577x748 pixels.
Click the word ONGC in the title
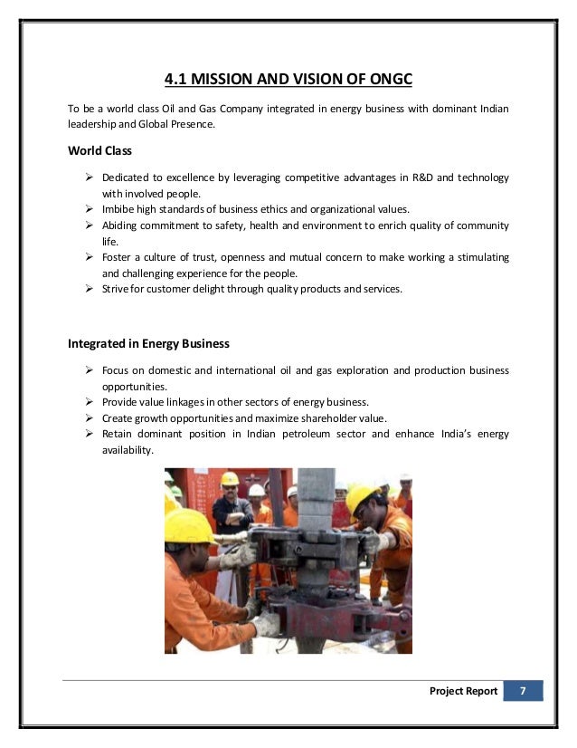[386, 80]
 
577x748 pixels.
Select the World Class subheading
[100, 150]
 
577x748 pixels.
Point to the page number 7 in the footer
[523, 691]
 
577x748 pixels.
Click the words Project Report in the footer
[464, 691]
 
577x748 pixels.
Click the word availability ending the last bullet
[128, 451]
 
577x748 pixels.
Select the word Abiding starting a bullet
[122, 225]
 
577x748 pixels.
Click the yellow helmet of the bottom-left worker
[189, 524]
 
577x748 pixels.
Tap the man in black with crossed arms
[233, 513]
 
